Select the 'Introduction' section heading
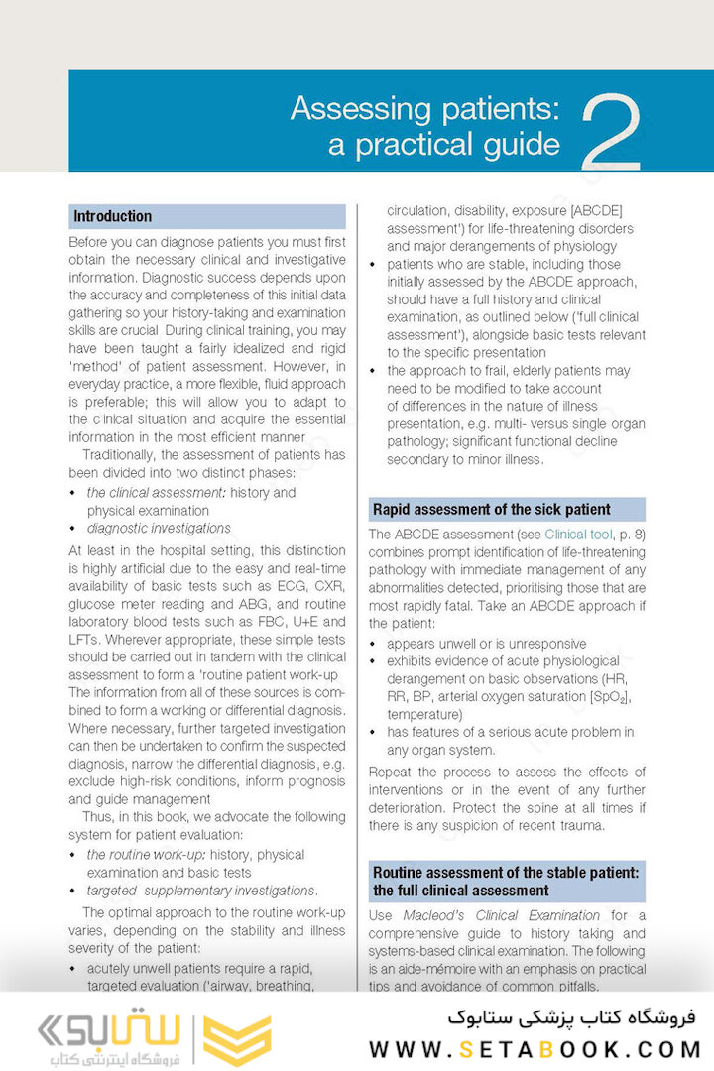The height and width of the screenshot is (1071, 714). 113,216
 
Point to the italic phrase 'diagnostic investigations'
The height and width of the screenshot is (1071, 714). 159,529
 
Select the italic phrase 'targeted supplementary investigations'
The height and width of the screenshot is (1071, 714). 201,891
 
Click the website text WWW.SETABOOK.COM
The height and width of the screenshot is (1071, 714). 535,1049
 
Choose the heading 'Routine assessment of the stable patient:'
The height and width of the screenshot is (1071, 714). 506,873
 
